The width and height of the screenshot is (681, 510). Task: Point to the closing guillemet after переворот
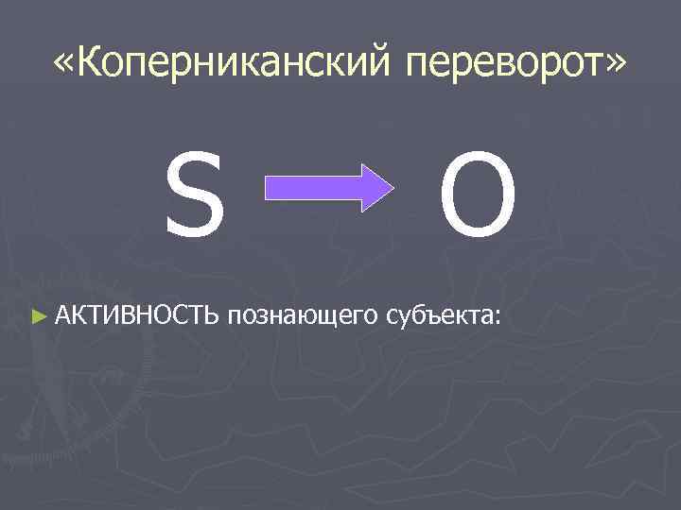click(614, 64)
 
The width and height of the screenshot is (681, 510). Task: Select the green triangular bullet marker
click(38, 314)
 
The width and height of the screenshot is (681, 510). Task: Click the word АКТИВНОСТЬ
click(137, 314)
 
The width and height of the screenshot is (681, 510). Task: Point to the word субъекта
click(436, 314)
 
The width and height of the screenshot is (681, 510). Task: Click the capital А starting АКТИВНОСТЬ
click(63, 314)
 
